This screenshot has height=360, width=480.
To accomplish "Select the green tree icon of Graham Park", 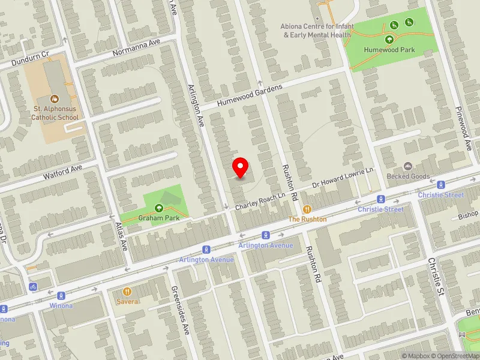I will (159, 208).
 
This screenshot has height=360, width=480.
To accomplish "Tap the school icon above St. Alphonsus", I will (55, 98).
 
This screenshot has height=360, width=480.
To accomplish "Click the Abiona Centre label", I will (316, 31).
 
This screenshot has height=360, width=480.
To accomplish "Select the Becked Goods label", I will (408, 176).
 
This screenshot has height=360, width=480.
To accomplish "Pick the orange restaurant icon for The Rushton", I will (307, 209).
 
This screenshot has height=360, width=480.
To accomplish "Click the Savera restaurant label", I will (127, 301).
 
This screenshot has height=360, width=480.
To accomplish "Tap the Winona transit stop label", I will (61, 306).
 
